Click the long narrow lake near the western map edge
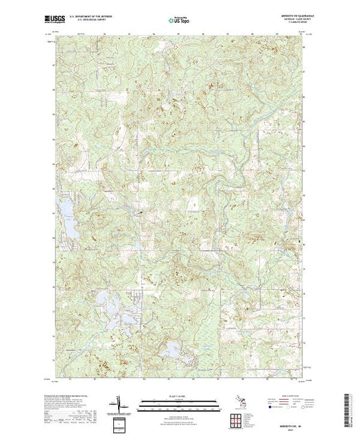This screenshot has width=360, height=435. click(x=70, y=221)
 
